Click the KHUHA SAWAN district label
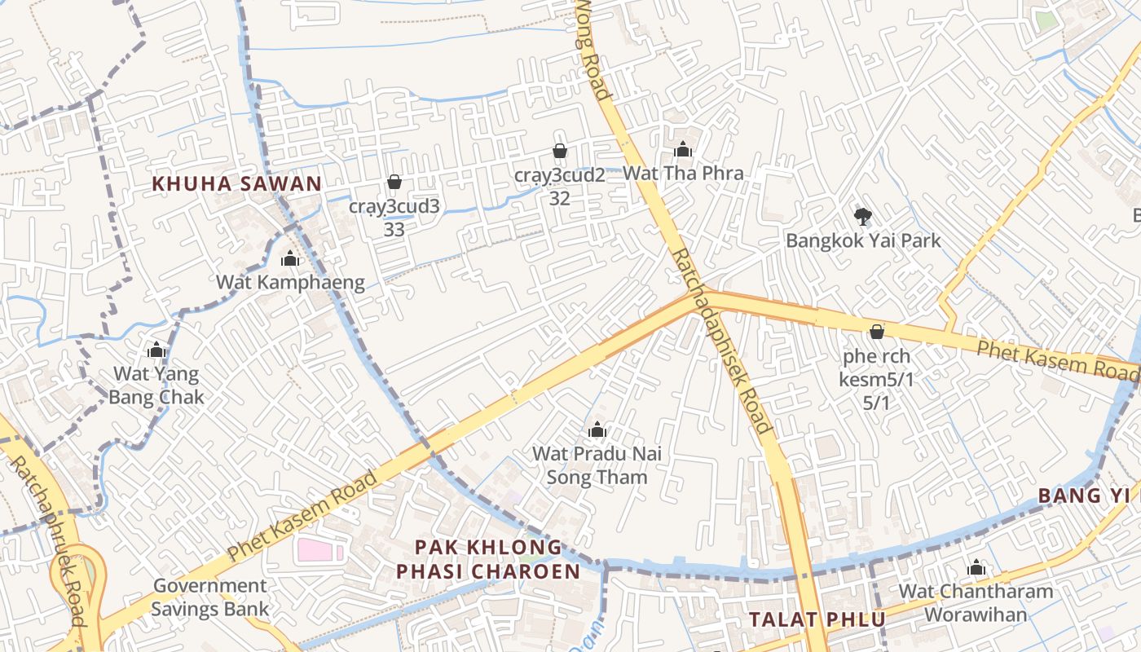(x=237, y=183)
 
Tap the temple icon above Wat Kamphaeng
(x=290, y=259)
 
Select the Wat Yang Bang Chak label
(x=156, y=385)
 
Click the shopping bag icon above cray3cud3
(x=394, y=182)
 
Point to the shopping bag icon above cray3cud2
(x=560, y=151)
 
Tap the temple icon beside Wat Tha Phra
(x=683, y=149)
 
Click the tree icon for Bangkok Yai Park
(x=862, y=216)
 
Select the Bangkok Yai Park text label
(x=862, y=240)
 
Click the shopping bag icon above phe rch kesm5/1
(x=877, y=332)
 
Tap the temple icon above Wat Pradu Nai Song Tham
(x=597, y=430)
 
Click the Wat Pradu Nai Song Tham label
(x=597, y=465)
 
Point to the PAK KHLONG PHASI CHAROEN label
(x=488, y=558)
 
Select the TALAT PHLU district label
(x=817, y=619)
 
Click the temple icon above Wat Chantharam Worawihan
(x=976, y=567)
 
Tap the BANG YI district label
(x=1083, y=496)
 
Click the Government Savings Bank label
(x=209, y=597)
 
